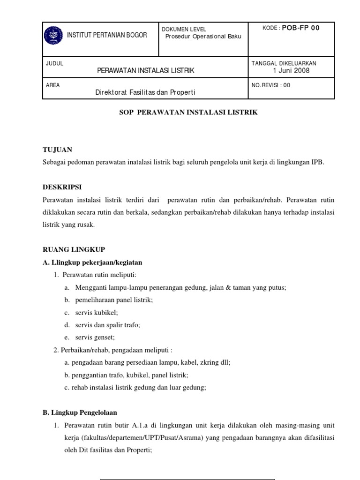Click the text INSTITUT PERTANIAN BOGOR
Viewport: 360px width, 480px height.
[x=107, y=35]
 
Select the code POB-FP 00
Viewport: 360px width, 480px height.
[x=300, y=28]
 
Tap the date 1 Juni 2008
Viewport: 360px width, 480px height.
[x=291, y=71]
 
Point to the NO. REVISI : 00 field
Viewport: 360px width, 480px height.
[x=271, y=85]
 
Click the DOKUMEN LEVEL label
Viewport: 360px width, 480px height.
[x=184, y=29]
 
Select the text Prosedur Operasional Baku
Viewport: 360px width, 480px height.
[x=203, y=37]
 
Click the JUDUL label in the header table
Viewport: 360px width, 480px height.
[x=54, y=63]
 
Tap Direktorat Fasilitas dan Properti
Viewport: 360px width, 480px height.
[x=145, y=92]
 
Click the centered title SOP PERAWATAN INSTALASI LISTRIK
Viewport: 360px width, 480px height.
[x=187, y=113]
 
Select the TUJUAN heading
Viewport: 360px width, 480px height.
[x=57, y=150]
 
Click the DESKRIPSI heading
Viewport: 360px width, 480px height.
[x=61, y=187]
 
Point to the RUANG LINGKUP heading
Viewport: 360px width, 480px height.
[x=74, y=250]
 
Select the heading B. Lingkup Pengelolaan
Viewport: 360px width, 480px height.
[x=80, y=413]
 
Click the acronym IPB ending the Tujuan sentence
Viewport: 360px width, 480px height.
[x=317, y=162]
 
